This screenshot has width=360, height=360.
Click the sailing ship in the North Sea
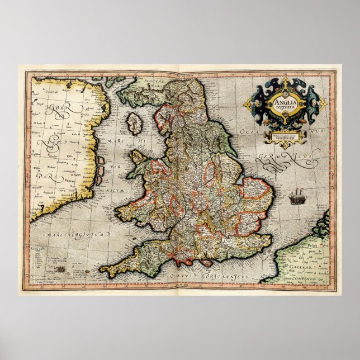296,197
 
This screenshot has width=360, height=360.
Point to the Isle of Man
134,124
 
